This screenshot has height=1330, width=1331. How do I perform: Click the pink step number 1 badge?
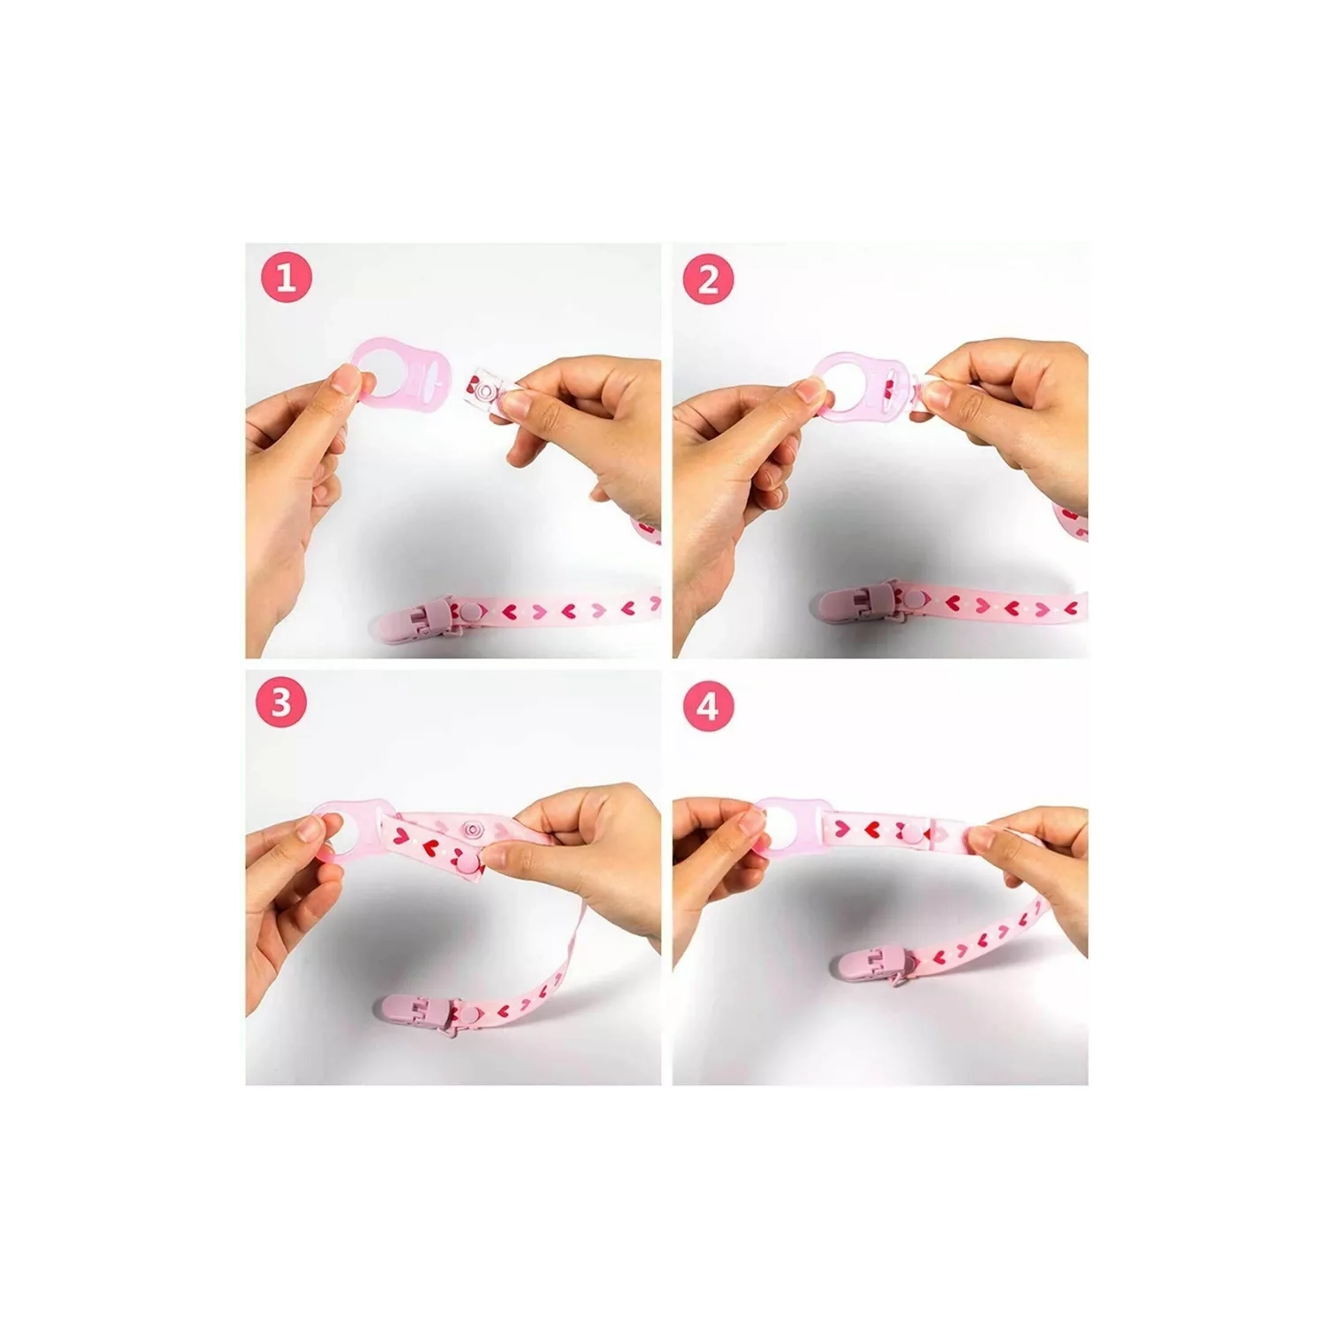pos(286,279)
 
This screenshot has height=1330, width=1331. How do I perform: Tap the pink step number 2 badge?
pos(708,279)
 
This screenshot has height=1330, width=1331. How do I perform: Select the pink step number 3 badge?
pos(281,702)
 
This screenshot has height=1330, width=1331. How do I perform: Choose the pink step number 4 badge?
pos(707,707)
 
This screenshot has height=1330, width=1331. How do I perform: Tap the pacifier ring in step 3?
pos(353,830)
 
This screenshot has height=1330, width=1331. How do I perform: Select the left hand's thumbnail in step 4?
pos(753,825)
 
